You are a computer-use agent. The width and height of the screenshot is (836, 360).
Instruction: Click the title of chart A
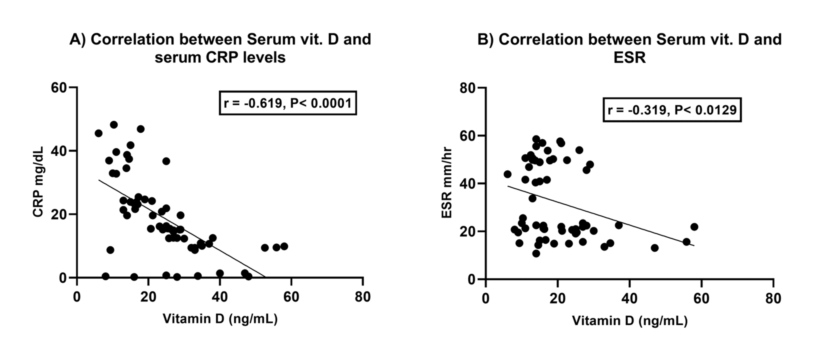tap(220, 48)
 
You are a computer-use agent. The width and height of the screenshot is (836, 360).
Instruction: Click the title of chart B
tap(629, 48)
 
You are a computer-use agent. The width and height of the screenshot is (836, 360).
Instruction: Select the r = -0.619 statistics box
tap(288, 103)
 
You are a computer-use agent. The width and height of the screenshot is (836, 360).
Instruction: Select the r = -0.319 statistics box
tap(672, 110)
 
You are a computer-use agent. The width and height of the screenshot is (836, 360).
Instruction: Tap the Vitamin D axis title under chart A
tap(220, 319)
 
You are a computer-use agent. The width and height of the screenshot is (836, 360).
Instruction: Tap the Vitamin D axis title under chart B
tap(630, 320)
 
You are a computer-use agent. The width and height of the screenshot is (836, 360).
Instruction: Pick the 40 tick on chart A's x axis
tap(220, 297)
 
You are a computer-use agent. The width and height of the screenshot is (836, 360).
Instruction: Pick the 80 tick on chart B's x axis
tap(773, 298)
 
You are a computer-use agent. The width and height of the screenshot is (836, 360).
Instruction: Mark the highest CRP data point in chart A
tap(114, 125)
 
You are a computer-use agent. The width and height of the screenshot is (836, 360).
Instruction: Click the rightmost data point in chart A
tap(284, 246)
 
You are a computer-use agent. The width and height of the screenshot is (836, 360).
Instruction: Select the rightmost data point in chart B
tap(694, 227)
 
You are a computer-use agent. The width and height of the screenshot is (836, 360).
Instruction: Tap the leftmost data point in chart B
tap(507, 174)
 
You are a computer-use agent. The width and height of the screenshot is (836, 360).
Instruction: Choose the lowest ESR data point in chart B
tap(536, 254)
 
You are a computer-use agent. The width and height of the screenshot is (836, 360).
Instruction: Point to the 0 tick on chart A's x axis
tap(77, 297)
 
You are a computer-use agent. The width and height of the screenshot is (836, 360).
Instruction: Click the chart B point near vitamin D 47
tap(655, 248)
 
